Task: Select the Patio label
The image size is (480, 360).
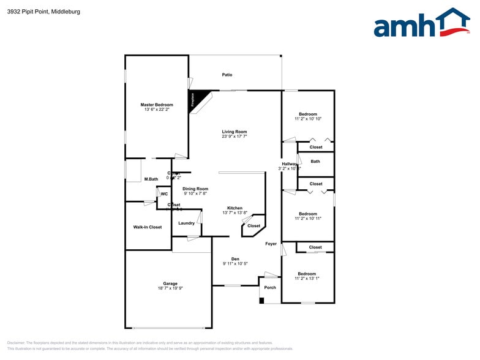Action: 227,75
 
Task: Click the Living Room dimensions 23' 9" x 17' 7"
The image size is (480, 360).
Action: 234,137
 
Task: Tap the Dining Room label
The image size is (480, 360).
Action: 196,189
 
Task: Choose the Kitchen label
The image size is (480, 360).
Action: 234,208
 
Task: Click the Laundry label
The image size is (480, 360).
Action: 187,223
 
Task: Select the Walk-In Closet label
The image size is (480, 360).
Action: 148,227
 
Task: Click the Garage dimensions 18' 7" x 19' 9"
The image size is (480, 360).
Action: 170,288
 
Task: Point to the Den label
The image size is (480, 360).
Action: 234,258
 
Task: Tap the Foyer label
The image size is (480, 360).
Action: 271,244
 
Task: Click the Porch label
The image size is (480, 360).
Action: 270,287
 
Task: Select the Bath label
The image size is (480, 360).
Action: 315,162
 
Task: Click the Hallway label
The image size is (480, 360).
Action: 289,163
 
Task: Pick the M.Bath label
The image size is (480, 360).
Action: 151,179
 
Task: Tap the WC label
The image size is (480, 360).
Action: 164,194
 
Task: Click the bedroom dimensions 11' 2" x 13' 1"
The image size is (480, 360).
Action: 307,279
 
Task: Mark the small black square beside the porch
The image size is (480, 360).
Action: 262,300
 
